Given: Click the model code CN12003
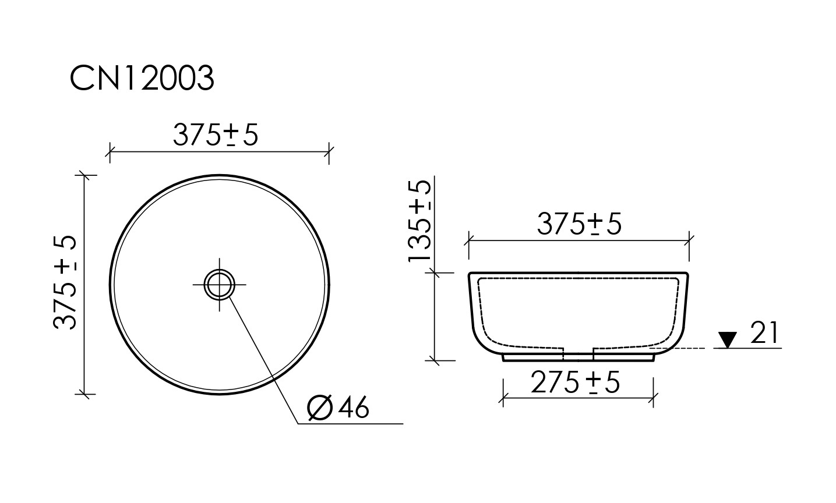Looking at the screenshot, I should [x=142, y=78].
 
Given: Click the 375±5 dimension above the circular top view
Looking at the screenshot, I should [x=215, y=136].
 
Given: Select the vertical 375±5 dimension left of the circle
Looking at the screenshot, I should [x=65, y=282].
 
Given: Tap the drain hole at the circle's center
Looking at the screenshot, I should [x=219, y=285].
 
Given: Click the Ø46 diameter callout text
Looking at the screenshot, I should [x=338, y=408].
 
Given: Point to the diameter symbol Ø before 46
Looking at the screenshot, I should [x=319, y=408].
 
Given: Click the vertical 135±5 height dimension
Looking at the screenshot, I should [x=419, y=221].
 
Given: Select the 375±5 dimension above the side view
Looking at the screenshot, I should [x=579, y=224].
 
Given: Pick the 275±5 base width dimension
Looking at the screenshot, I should [x=575, y=383].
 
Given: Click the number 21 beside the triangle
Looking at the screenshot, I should [x=764, y=334].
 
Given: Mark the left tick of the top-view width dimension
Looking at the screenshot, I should [x=110, y=152].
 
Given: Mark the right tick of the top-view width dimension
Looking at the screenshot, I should [x=329, y=152].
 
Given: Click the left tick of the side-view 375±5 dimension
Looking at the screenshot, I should [x=469, y=239].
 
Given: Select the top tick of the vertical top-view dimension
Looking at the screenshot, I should [x=85, y=175].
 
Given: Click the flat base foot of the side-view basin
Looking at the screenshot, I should [x=578, y=360].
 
